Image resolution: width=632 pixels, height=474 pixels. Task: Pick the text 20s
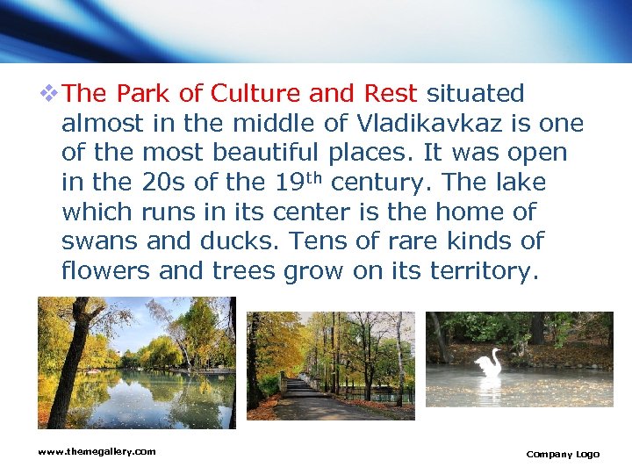157,183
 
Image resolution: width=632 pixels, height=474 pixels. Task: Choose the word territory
481,272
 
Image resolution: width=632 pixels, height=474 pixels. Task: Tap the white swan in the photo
488,363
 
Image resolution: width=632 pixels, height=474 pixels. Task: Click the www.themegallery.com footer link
97,451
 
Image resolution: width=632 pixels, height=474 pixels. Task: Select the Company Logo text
563,454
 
